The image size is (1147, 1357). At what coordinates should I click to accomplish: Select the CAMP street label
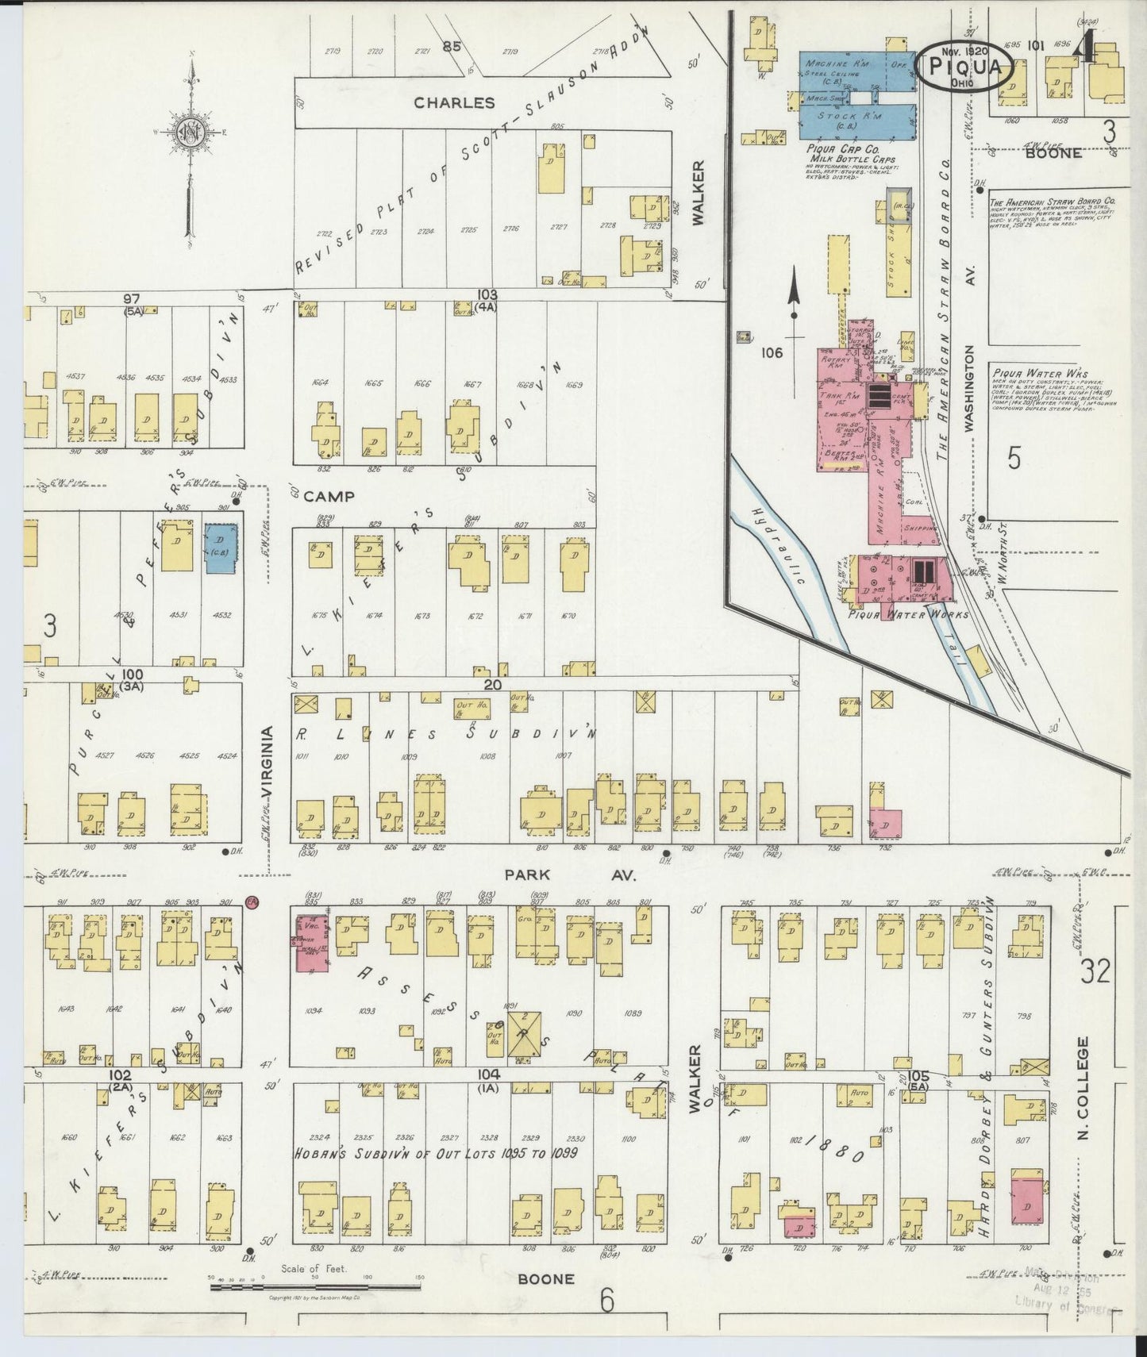[328, 497]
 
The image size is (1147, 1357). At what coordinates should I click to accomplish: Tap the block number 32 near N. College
[1095, 971]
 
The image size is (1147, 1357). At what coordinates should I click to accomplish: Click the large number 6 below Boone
[606, 1302]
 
